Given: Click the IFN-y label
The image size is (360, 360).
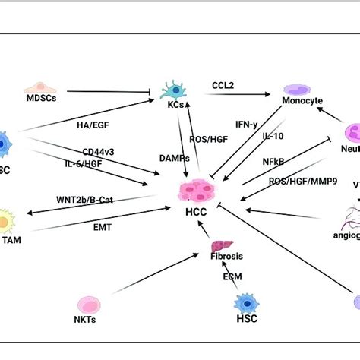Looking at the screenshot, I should coord(247,123).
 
